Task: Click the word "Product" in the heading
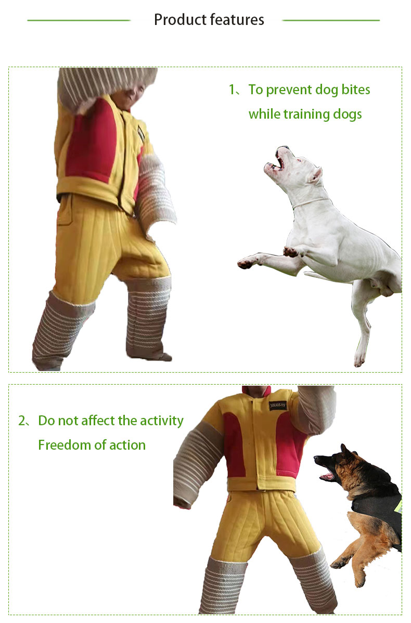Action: (180, 19)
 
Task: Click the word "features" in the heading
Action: (237, 19)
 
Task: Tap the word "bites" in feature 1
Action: (356, 90)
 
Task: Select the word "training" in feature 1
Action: (306, 115)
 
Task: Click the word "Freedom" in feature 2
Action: (66, 444)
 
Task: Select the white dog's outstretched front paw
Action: (246, 263)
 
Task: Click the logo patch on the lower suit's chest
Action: (278, 405)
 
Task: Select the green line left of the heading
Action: (79, 20)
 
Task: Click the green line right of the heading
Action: (331, 20)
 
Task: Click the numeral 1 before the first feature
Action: (232, 90)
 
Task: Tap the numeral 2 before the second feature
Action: (22, 421)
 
